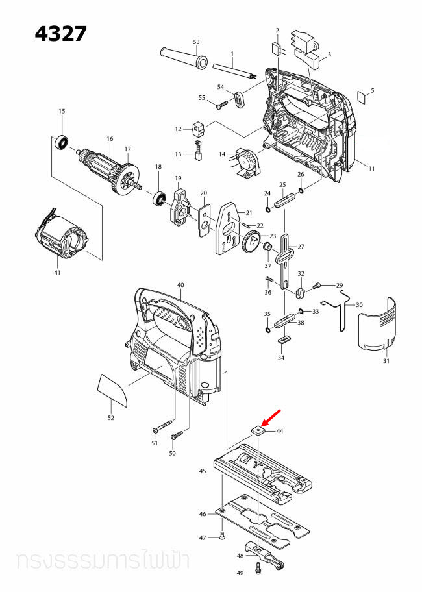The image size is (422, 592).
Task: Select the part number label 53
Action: point(195,42)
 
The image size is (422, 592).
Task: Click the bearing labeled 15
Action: point(62,141)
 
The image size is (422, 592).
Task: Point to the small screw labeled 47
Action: point(222,536)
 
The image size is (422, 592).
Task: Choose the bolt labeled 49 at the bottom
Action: point(259,569)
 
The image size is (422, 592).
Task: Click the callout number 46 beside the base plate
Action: point(203,514)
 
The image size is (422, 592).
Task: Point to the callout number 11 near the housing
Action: point(371,169)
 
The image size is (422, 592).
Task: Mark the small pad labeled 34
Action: point(282,339)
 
